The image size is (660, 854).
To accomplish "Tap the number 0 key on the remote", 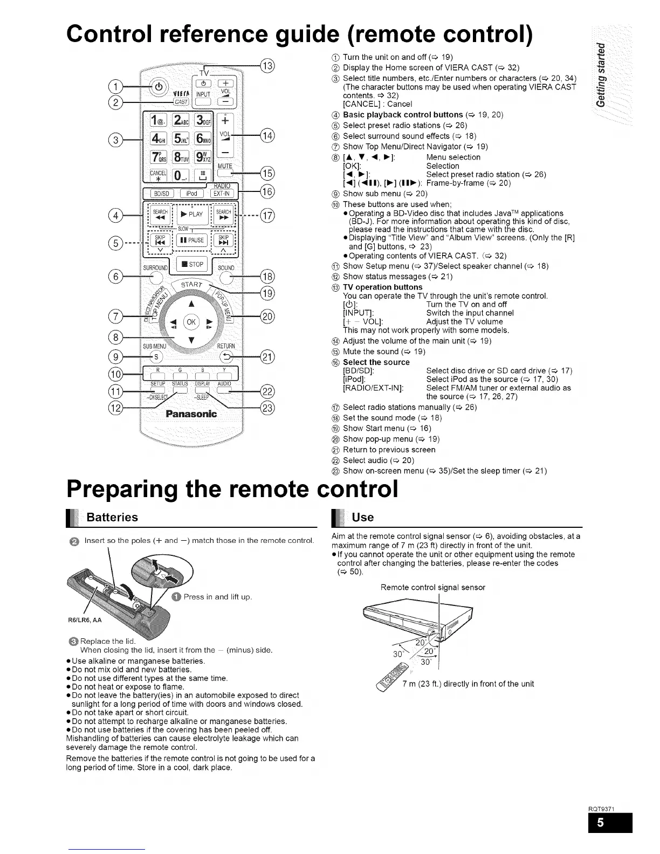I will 180,175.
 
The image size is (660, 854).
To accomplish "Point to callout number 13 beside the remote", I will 267,66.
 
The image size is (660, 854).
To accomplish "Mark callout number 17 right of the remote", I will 267,216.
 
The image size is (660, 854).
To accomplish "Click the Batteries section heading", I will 112,518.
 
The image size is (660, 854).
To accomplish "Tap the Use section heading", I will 362,518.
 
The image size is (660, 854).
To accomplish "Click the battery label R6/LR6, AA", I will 85,620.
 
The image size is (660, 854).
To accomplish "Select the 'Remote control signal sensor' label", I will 432,587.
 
